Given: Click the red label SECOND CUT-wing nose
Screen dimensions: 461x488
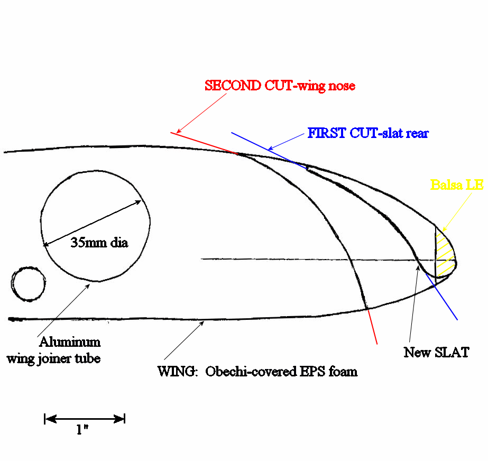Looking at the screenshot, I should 280,86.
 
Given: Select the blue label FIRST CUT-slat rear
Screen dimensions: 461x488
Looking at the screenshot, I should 367,133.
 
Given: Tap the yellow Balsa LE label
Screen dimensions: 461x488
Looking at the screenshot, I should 457,185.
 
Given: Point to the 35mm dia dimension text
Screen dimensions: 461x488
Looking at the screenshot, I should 99,243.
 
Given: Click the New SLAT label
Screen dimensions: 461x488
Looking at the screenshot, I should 436,352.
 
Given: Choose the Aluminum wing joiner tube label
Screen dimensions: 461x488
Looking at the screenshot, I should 53,350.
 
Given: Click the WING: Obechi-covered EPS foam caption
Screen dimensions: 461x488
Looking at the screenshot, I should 257,371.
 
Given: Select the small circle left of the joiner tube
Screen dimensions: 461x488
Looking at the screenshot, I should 29,284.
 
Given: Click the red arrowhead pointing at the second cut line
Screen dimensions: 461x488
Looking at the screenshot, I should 178,131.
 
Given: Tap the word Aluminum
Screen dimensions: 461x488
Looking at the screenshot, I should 69,342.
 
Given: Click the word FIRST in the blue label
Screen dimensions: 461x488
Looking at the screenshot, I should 326,133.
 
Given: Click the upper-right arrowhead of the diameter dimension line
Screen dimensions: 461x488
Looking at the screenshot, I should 141,201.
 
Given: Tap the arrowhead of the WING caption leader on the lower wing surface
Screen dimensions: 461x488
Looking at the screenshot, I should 202,322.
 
